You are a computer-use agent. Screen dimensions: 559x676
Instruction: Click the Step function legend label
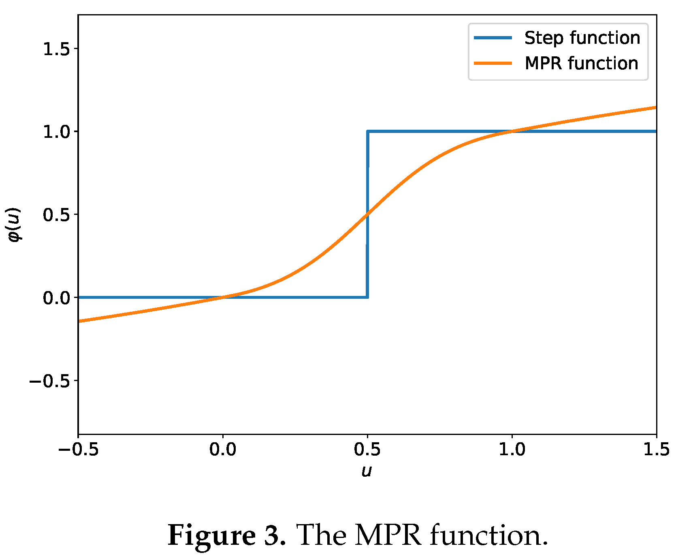582,38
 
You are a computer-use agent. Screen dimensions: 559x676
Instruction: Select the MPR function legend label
581,64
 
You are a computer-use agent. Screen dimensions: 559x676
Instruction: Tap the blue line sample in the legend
493,38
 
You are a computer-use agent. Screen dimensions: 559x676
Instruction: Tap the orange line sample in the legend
493,64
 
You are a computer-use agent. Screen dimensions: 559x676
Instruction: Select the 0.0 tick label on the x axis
223,450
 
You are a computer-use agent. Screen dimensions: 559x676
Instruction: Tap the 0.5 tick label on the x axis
367,450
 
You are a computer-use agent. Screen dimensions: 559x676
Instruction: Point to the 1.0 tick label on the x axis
512,450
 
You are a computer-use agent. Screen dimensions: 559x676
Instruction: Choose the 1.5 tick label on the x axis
656,450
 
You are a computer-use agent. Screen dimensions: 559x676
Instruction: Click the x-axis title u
367,471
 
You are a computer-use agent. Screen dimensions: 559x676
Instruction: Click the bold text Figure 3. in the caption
227,535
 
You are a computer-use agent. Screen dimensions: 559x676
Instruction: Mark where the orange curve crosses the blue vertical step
367,214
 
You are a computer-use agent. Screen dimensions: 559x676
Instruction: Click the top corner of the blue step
367,131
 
